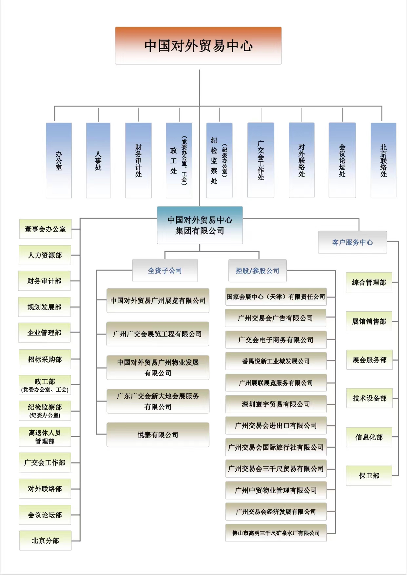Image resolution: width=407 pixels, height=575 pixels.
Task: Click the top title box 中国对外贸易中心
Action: point(198,46)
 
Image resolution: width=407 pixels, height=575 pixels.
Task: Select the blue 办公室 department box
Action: point(59,160)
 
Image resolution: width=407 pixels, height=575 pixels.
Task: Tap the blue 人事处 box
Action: point(98,160)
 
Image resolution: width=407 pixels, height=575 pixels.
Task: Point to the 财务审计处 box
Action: point(138,160)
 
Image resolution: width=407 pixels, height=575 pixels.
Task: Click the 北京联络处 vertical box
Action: point(383,160)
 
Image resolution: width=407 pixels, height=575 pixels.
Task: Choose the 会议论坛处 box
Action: point(342,160)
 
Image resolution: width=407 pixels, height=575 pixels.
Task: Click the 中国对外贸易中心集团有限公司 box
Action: point(200,225)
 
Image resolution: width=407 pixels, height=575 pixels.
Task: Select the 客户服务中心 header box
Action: point(352,242)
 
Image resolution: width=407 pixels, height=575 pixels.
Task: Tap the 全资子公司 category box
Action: point(165,271)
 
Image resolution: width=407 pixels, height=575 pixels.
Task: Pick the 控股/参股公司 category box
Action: point(257,271)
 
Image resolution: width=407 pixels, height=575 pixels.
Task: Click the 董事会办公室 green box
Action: point(45,229)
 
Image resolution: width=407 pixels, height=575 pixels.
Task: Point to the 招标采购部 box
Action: point(45,359)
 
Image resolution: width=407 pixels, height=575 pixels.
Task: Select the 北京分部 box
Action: point(45,541)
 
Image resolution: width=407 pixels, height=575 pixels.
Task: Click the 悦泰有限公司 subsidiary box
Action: point(158,435)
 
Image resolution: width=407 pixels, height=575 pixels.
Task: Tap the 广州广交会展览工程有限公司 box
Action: point(158,334)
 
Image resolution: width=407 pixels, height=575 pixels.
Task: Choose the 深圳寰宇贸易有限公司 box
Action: point(276,404)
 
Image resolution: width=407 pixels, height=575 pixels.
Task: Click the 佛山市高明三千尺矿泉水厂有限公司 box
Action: point(276,533)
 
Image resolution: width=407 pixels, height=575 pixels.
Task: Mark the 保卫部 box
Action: point(369,476)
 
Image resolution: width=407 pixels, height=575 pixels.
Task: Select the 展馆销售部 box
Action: point(369,321)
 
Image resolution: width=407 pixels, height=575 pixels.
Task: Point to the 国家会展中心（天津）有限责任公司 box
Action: point(276,297)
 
